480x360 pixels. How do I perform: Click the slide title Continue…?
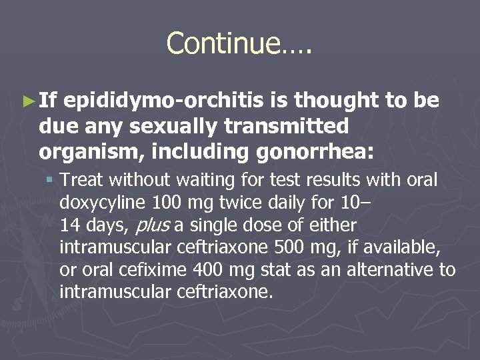tap(239, 43)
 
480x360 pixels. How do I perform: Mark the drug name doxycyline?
tap(103, 203)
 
